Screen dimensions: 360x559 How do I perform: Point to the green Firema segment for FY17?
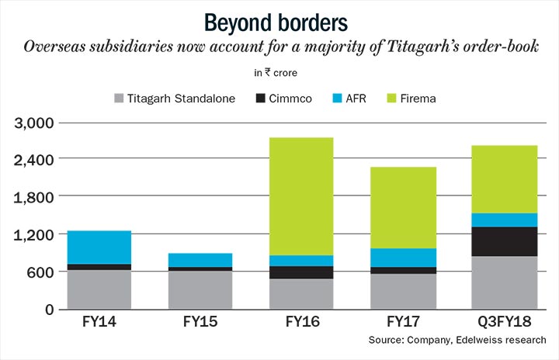click(x=404, y=207)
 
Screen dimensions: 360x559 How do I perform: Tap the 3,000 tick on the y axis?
click(x=33, y=123)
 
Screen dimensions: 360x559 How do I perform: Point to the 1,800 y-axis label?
click(x=33, y=197)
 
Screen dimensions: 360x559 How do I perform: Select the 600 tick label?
click(x=40, y=272)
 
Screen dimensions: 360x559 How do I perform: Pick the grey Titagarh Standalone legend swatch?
click(x=119, y=99)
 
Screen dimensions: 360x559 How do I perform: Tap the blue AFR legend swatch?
click(x=342, y=99)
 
